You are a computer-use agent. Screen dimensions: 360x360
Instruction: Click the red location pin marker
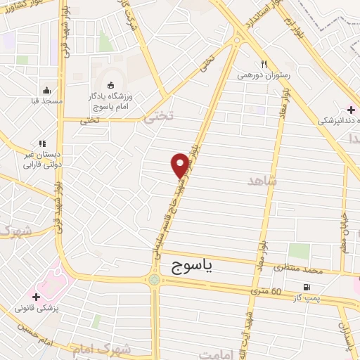[x=179, y=165]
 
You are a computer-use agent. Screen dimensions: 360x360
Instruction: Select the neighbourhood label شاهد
[x=263, y=181]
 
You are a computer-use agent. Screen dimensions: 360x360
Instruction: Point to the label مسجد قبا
[x=47, y=101]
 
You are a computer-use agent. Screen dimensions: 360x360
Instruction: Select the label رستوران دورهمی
[x=259, y=73]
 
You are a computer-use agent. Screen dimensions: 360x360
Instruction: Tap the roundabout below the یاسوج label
[x=154, y=281]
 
